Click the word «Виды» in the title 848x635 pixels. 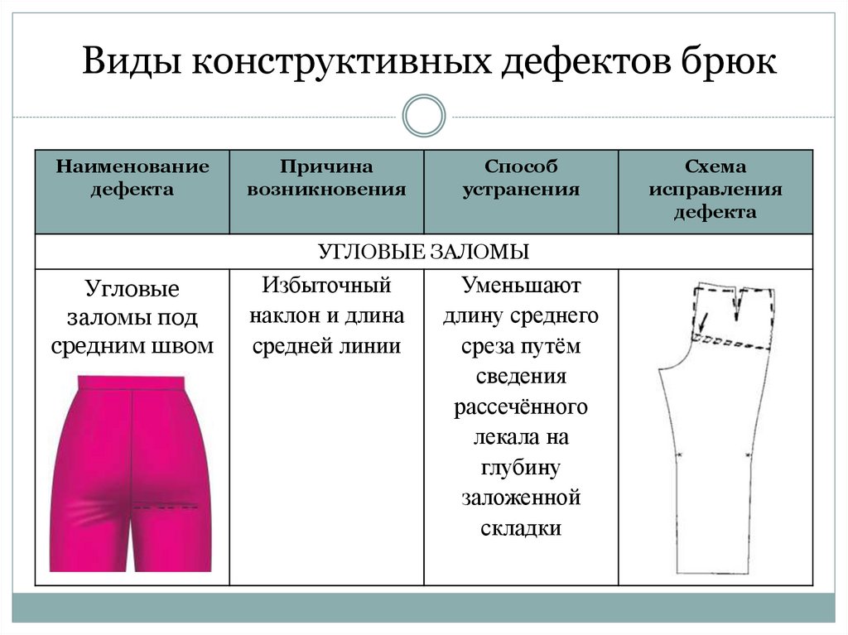click(129, 63)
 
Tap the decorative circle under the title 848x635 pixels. click(424, 116)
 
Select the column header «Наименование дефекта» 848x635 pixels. click(132, 178)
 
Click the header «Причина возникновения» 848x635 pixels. click(326, 178)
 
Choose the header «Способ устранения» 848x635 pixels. click(521, 178)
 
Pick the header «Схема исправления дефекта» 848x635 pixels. click(715, 189)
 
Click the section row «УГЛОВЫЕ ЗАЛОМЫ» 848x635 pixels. click(423, 252)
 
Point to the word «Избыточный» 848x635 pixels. click(326, 286)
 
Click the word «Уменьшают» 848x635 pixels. click(522, 286)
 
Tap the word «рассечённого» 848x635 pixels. click(521, 407)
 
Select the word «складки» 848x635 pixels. click(521, 528)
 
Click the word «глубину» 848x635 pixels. click(521, 468)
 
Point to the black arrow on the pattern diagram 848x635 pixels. click(702, 321)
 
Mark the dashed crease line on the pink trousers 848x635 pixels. click(166, 506)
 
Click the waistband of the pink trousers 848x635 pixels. click(132, 382)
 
